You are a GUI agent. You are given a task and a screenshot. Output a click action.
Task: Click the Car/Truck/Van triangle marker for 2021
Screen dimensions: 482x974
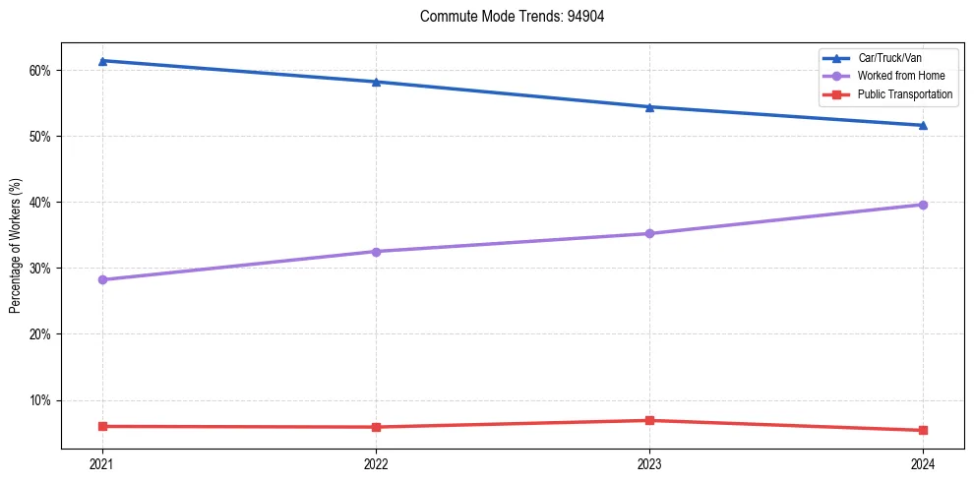pyautogui.click(x=102, y=61)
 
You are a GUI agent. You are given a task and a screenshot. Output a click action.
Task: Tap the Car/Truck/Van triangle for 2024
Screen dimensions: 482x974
pyautogui.click(x=923, y=125)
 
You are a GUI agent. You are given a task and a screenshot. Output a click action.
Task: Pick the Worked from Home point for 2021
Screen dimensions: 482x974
pyautogui.click(x=102, y=279)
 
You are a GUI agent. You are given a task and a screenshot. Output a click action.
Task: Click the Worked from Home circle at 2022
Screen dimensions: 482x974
pyautogui.click(x=376, y=251)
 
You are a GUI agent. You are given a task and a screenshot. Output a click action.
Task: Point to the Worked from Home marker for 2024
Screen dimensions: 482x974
pyautogui.click(x=923, y=205)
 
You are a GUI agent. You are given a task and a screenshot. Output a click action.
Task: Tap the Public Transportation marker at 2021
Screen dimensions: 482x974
pyautogui.click(x=102, y=426)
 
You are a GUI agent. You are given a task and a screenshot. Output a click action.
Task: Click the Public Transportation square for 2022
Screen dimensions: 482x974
pyautogui.click(x=376, y=427)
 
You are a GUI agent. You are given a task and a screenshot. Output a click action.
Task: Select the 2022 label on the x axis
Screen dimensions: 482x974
pyautogui.click(x=376, y=463)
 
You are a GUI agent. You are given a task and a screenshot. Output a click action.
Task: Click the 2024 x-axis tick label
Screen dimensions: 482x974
pyautogui.click(x=923, y=463)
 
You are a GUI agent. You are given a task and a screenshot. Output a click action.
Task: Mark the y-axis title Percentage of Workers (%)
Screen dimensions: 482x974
pyautogui.click(x=16, y=246)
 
